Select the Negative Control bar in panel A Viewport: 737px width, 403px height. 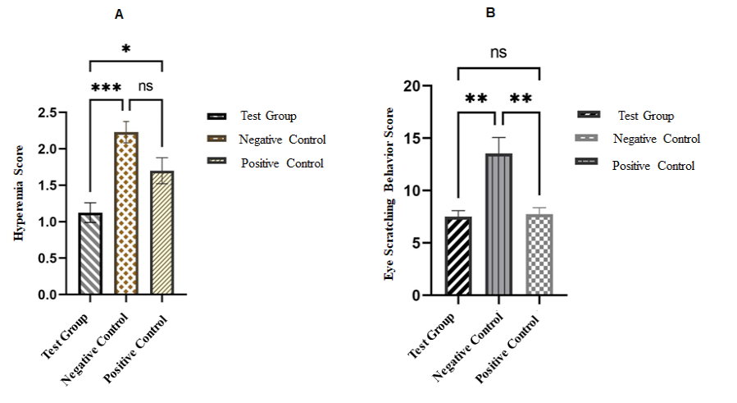coord(126,213)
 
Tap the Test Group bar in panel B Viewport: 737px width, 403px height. coord(458,255)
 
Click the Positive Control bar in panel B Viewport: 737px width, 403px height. coord(539,254)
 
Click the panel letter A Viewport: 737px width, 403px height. coord(120,14)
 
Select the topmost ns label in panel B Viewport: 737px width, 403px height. coord(498,53)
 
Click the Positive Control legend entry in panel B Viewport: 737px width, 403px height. coord(653,166)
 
